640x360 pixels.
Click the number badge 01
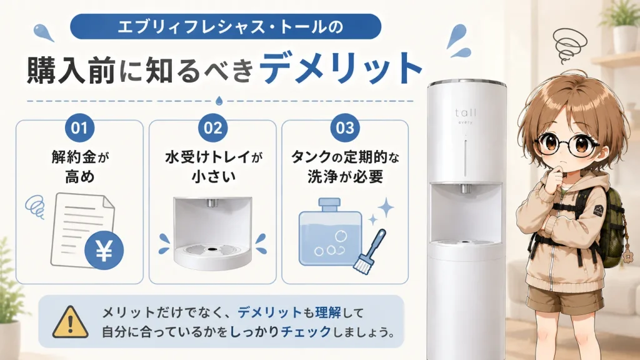pyautogui.click(x=79, y=128)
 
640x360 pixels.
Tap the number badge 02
pyautogui.click(x=212, y=128)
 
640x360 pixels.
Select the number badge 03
pyautogui.click(x=345, y=128)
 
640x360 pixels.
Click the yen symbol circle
pyautogui.click(x=104, y=250)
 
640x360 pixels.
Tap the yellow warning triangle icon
pyautogui.click(x=70, y=322)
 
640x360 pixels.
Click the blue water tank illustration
pyautogui.click(x=330, y=232)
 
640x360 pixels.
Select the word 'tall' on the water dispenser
pyautogui.click(x=465, y=112)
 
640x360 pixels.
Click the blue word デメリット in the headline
pyautogui.click(x=341, y=69)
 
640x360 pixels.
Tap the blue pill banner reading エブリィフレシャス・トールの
pyautogui.click(x=226, y=26)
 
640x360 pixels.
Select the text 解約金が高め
pyautogui.click(x=80, y=166)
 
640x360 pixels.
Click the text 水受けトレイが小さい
pyautogui.click(x=214, y=166)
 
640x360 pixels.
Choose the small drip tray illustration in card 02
pyautogui.click(x=212, y=234)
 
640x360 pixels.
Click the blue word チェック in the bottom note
pyautogui.click(x=306, y=331)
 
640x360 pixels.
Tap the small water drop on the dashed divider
pyautogui.click(x=219, y=101)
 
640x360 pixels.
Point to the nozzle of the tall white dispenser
pyautogui.click(x=464, y=189)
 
